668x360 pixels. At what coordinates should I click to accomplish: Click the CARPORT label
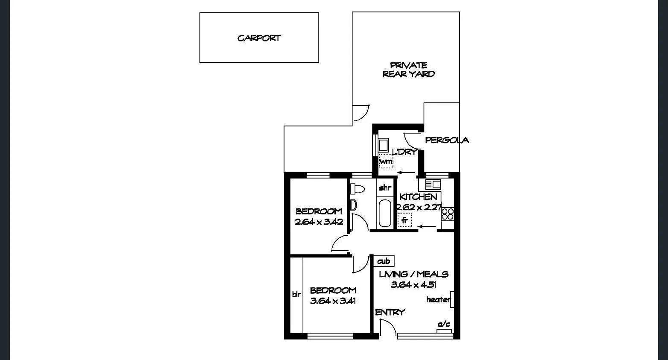click(x=259, y=38)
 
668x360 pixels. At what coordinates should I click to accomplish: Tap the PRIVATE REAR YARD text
click(x=408, y=70)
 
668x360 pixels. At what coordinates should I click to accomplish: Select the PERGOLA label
click(x=447, y=140)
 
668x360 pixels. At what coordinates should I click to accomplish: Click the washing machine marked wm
click(x=386, y=161)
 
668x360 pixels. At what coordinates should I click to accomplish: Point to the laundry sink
click(x=383, y=145)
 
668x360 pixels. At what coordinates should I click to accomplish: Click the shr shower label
click(x=385, y=187)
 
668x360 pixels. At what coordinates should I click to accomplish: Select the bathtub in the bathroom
click(x=384, y=213)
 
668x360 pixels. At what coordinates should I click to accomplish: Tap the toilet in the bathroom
click(x=357, y=188)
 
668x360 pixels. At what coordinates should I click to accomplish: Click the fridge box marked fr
click(x=404, y=221)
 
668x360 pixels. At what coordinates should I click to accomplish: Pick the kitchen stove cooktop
click(x=447, y=214)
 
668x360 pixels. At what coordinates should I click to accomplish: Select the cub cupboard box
click(x=384, y=261)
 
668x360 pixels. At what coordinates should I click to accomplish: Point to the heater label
click(x=438, y=300)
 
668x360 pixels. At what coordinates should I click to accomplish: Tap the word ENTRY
click(x=390, y=313)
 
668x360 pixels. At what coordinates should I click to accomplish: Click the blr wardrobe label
click(x=296, y=294)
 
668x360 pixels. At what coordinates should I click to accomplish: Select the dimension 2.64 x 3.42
click(x=319, y=222)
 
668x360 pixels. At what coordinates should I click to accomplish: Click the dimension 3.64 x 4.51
click(x=413, y=284)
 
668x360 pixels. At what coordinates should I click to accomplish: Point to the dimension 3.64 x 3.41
click(x=333, y=301)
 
